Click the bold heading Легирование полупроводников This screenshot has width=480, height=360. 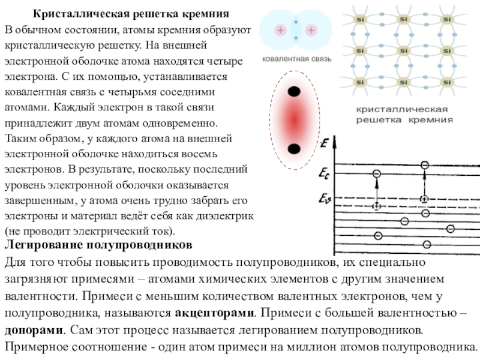tap(98, 246)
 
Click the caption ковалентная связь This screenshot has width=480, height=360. tap(295, 59)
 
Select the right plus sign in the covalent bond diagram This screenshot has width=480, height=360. tap(310, 30)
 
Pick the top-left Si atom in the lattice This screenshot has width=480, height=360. tap(360, 20)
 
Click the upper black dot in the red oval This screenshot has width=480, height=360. tap(295, 92)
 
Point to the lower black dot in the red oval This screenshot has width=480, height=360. tap(295, 148)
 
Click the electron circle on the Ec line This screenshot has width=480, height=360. tap(376, 174)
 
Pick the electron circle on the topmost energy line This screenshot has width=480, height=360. tap(425, 164)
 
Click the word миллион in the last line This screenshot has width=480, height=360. tap(335, 347)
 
